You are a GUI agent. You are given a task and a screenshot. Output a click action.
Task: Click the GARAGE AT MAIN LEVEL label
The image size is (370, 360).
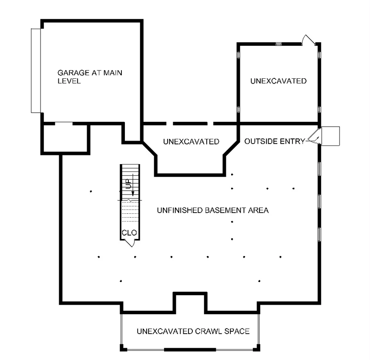click(90, 77)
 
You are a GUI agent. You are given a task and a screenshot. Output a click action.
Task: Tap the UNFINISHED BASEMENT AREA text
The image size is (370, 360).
click(212, 210)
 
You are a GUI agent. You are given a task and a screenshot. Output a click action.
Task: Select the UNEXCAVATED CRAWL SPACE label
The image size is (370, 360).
click(193, 331)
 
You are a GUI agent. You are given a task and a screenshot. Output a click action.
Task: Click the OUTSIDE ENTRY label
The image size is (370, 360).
click(274, 141)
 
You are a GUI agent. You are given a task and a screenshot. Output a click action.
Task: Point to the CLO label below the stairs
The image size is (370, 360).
click(129, 233)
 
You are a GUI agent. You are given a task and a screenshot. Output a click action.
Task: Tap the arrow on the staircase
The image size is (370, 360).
click(133, 185)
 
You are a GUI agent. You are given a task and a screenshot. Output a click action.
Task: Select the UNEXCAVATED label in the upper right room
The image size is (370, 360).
click(278, 81)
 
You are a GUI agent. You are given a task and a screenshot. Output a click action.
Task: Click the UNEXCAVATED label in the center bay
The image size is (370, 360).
click(191, 141)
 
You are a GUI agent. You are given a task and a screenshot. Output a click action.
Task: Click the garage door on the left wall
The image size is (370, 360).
click(36, 71)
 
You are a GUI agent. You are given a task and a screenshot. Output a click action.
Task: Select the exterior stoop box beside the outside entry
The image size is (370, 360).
click(330, 136)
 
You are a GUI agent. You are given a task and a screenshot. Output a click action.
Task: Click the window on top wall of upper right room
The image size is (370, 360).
click(279, 44)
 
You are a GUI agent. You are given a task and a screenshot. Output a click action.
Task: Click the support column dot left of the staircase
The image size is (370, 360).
click(91, 191)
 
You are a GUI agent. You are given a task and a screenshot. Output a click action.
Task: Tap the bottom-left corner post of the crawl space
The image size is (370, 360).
click(123, 348)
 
